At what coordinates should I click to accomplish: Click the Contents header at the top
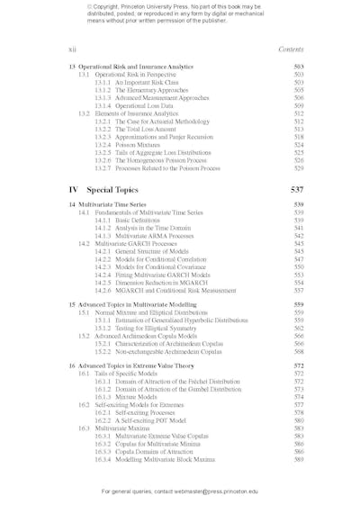tap(291, 50)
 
